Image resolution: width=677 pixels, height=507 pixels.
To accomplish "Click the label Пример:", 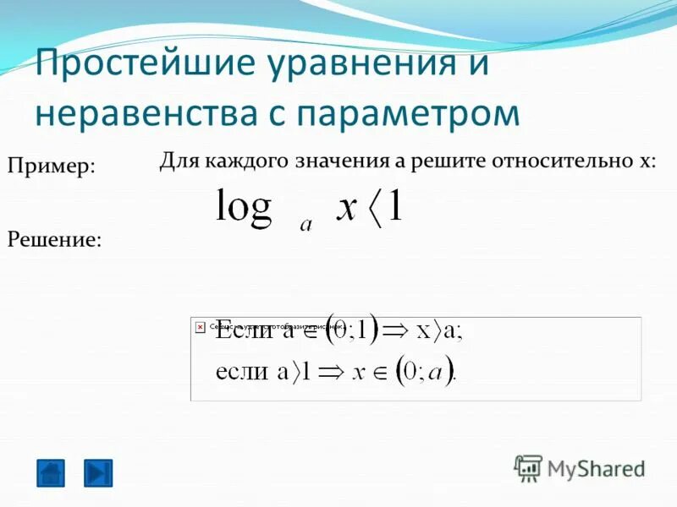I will tap(51, 166).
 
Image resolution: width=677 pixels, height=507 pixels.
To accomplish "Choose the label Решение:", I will tap(54, 239).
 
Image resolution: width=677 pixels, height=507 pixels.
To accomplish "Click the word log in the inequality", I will tap(243, 206).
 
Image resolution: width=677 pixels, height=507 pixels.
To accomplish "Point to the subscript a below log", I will tap(305, 225).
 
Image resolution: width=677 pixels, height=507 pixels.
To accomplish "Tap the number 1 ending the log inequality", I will tap(394, 206).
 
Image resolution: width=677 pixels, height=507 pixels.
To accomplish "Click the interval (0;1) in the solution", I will tap(354, 330).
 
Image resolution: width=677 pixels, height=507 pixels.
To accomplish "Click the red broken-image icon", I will tap(201, 325).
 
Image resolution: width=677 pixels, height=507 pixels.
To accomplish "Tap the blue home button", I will tap(51, 472).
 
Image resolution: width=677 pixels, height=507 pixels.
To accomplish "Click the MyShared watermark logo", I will tap(580, 468).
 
